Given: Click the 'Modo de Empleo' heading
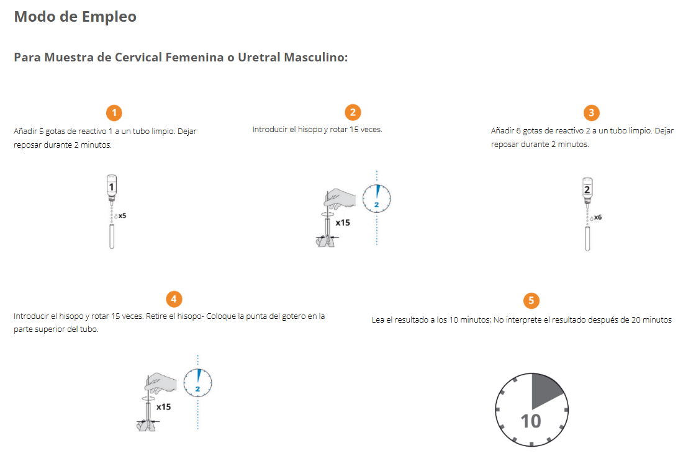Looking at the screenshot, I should tap(75, 17).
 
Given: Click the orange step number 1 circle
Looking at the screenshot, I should tap(114, 112).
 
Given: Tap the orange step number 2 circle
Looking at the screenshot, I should tap(353, 112).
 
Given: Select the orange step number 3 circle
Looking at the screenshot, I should tap(591, 112).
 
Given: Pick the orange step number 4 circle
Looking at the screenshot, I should tap(174, 299).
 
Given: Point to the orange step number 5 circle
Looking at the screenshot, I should tap(531, 301).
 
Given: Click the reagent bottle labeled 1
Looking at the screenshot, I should tap(112, 187).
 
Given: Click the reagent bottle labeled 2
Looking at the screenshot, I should tap(587, 189).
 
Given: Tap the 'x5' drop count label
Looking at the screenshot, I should tap(122, 216).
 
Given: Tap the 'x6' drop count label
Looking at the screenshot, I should tap(597, 218).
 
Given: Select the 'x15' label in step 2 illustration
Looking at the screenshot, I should tap(342, 222).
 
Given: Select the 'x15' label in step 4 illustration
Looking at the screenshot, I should tap(163, 407).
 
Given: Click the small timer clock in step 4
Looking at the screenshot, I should tap(197, 383).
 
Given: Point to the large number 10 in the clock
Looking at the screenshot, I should tap(531, 421).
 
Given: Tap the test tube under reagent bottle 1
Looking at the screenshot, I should tap(112, 237).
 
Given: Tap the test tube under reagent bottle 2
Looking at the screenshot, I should tap(587, 239).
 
